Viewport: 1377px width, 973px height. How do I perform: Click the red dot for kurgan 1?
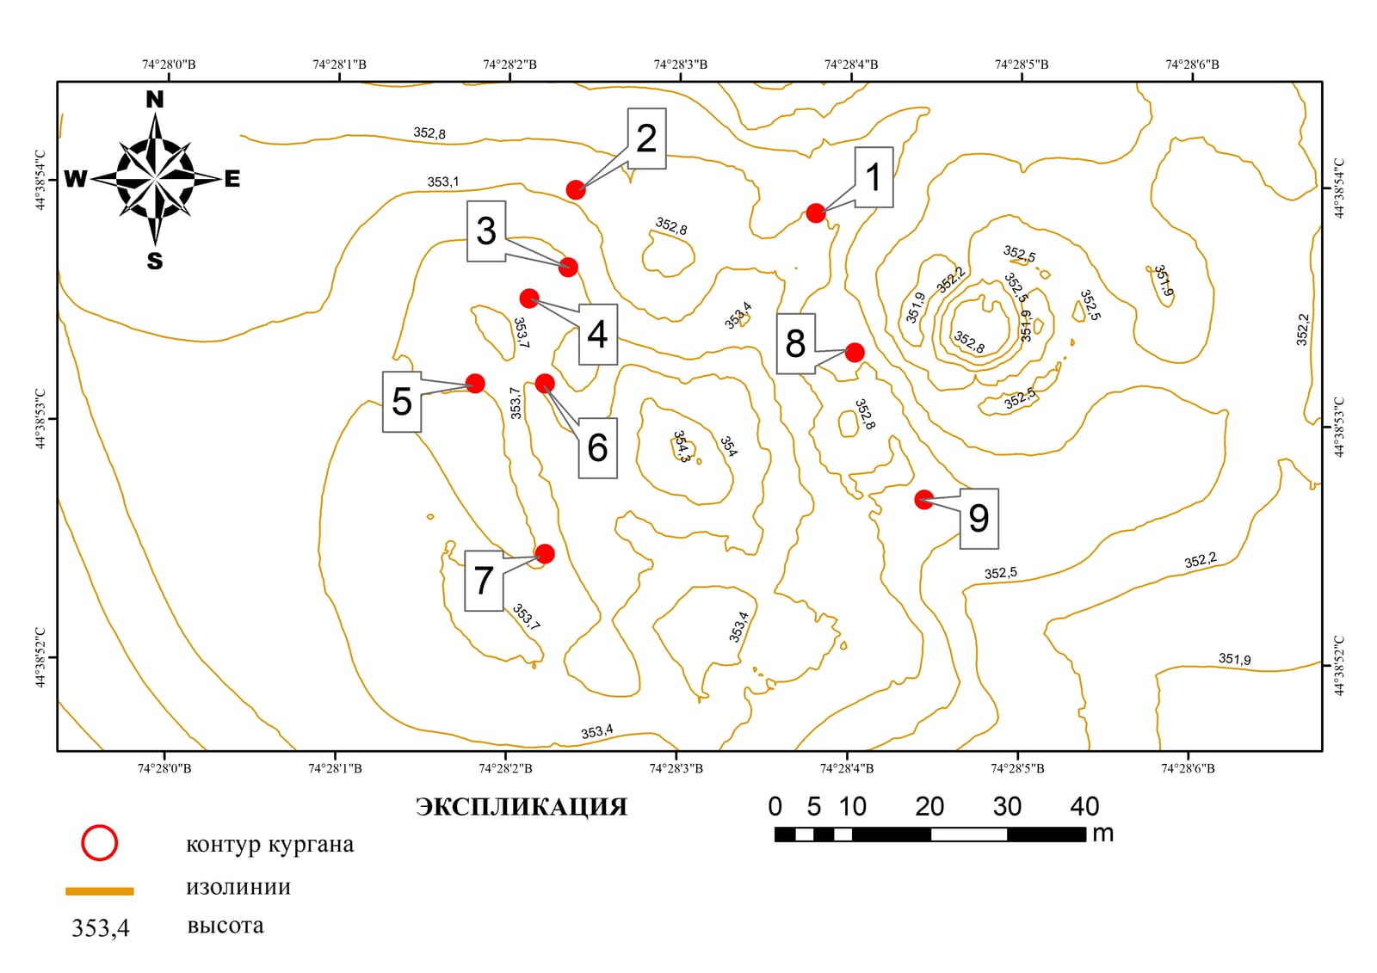[816, 213]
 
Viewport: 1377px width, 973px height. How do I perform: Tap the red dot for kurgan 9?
[924, 500]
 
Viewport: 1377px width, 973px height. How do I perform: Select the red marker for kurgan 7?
[545, 554]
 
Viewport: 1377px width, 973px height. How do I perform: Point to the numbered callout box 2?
[646, 139]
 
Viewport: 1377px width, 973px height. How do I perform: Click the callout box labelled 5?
[402, 402]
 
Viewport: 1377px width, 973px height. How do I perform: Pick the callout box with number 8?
[796, 343]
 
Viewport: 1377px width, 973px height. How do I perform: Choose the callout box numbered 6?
[598, 447]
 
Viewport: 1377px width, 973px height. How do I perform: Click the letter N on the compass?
[155, 100]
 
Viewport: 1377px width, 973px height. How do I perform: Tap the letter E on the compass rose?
[232, 179]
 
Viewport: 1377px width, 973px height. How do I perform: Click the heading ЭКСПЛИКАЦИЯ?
[522, 806]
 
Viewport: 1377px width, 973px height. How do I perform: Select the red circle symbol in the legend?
[100, 843]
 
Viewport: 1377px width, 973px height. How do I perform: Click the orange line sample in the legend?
[100, 891]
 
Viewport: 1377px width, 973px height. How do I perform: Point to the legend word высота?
[225, 925]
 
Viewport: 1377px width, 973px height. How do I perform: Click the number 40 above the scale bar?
[1084, 806]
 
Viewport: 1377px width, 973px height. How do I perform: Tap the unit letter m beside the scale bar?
[1103, 834]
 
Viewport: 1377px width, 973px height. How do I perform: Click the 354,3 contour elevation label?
[682, 446]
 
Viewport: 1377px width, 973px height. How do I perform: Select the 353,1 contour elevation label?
[443, 182]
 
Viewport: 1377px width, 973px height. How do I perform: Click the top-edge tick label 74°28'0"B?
[169, 65]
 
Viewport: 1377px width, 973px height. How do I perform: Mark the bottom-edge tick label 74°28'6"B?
[1188, 768]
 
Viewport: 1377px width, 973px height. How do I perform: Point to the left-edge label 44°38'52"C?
[40, 657]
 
